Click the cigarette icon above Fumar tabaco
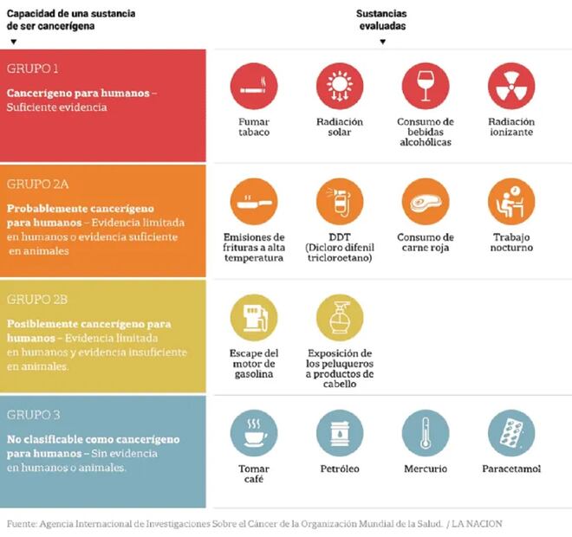coord(254,86)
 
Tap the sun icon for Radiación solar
coord(340,86)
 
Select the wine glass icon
coord(425,86)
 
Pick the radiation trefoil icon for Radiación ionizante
coord(511,86)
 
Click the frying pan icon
coord(254,202)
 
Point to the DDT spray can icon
coord(340,202)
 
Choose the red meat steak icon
coord(425,202)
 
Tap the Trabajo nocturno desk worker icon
coord(511,202)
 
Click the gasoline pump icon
coord(254,318)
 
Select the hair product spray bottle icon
coord(340,318)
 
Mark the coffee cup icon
coord(254,433)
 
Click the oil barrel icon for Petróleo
coord(340,433)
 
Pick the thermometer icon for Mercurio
coord(425,433)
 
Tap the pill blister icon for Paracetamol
coord(511,433)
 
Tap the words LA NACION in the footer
coord(477,523)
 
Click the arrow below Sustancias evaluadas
coord(382,41)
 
